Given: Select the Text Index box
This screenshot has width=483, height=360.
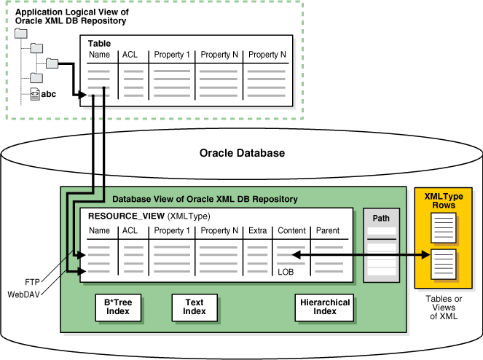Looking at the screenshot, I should tap(194, 307).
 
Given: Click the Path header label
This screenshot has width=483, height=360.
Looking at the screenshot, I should tap(381, 218).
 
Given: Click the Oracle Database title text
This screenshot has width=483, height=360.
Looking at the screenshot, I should tap(242, 153).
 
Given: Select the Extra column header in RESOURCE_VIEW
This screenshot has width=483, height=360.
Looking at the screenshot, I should tap(257, 231).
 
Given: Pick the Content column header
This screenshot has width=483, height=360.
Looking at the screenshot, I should tap(291, 231).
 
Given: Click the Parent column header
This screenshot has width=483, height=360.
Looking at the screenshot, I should tap(328, 231).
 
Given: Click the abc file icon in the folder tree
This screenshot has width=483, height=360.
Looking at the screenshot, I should tap(34, 93).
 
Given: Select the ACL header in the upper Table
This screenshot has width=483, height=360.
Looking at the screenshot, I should tap(130, 55).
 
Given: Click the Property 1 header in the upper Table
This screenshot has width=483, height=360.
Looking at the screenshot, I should tap(171, 55).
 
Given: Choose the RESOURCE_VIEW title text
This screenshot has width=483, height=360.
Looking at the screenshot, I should tap(125, 216).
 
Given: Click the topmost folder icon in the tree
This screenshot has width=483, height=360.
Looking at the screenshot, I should tap(21, 34).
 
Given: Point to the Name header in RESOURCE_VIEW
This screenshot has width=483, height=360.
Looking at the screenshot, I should tap(99, 231).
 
